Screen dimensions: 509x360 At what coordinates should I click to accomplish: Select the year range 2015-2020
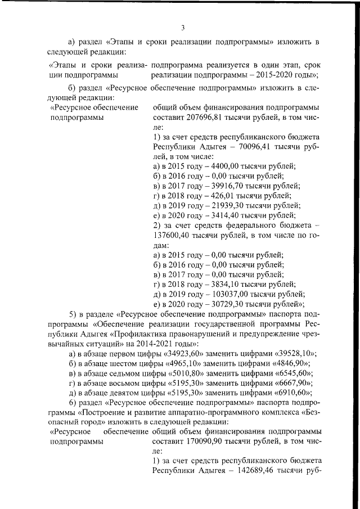(x=272, y=74)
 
